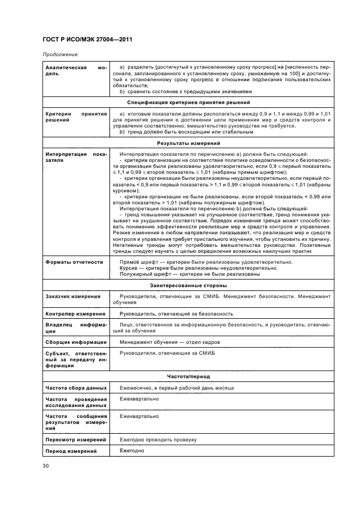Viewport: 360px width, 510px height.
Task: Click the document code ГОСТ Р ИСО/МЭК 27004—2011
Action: click(x=87, y=40)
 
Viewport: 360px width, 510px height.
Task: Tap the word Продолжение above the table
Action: click(x=59, y=55)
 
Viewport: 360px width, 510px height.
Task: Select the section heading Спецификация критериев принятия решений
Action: click(x=188, y=102)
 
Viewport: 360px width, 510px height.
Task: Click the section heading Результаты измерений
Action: click(x=188, y=143)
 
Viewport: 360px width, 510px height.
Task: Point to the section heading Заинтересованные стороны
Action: click(x=188, y=285)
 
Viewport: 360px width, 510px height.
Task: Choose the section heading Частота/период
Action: click(x=188, y=376)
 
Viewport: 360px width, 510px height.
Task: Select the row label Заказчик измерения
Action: click(x=72, y=296)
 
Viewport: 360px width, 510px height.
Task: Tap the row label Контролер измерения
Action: click(x=74, y=314)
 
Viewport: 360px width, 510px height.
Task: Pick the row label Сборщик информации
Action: click(x=74, y=342)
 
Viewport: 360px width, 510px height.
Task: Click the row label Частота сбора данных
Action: click(x=75, y=387)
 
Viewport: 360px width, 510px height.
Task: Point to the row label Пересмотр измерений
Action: click(x=74, y=439)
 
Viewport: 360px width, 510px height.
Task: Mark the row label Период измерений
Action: click(x=70, y=451)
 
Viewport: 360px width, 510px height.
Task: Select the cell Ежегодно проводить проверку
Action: click(x=158, y=439)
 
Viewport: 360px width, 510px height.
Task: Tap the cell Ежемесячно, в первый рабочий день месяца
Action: click(x=176, y=387)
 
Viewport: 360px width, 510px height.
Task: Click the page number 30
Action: click(x=46, y=466)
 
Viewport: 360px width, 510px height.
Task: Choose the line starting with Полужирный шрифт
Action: click(x=189, y=274)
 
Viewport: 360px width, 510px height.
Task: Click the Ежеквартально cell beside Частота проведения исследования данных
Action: click(x=139, y=399)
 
